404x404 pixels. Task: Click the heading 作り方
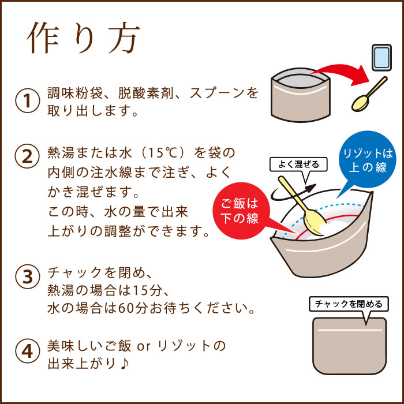pos(83,39)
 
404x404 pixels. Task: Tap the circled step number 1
pos(27,101)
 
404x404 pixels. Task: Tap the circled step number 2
pos(27,155)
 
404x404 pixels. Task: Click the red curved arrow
pos(341,73)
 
